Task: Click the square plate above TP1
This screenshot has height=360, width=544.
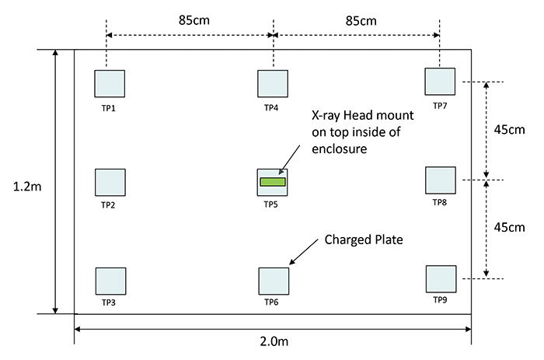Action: (x=110, y=84)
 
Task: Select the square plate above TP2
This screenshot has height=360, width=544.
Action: (x=110, y=182)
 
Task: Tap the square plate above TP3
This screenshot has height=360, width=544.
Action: (x=110, y=281)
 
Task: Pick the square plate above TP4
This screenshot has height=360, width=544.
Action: (x=273, y=84)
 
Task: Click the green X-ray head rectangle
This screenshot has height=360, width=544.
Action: (x=273, y=182)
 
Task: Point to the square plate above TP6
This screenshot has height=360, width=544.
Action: (x=273, y=281)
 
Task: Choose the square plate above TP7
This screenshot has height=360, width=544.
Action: (x=440, y=82)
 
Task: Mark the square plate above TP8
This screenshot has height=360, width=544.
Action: (x=441, y=180)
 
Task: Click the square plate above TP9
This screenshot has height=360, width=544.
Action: (x=441, y=278)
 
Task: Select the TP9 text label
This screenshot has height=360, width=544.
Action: (x=441, y=299)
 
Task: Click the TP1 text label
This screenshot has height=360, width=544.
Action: (x=108, y=107)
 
